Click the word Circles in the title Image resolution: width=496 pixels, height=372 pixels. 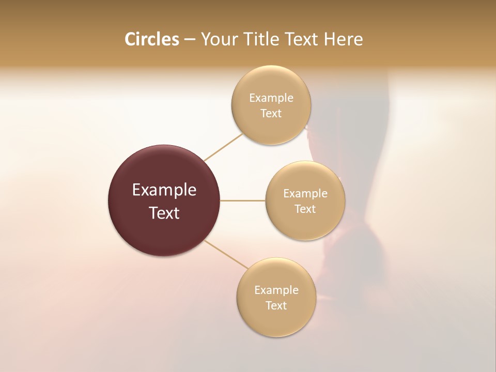coord(151,39)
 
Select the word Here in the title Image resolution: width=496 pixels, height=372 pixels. coord(343,39)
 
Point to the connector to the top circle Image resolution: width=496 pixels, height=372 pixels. coord(223,147)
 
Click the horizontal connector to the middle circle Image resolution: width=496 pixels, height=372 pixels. coord(243,200)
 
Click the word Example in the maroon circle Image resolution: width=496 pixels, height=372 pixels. coord(164,190)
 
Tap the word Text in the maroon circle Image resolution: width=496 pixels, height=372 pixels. coord(164,213)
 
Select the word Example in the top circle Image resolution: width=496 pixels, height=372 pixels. coord(271,98)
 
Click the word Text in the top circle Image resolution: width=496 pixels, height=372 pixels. coord(271,114)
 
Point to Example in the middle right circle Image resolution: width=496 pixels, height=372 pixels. coord(305,194)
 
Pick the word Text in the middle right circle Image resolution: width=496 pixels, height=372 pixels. coord(305,209)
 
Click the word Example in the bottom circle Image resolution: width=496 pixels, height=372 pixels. coord(276,290)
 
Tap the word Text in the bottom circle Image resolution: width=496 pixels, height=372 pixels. coord(276,306)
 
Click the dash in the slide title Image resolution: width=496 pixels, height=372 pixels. coord(190,40)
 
